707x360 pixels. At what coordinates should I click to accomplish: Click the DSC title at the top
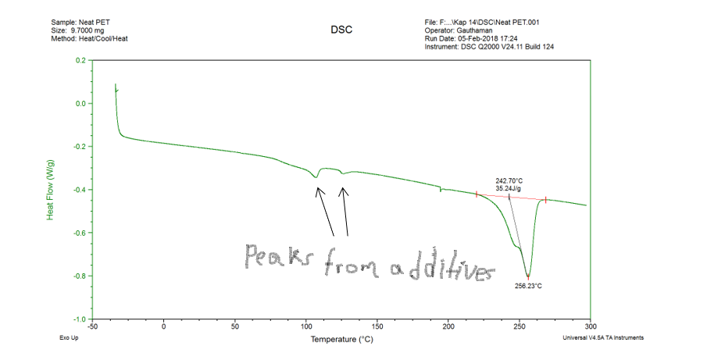(x=341, y=30)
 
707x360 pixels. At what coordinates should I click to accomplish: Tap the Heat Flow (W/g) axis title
(x=51, y=188)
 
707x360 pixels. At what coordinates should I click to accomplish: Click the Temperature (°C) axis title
(x=341, y=340)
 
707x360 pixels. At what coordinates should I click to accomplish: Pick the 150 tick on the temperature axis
(x=377, y=326)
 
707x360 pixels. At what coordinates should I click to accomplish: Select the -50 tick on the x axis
(x=92, y=326)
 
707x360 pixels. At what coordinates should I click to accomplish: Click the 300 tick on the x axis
(x=591, y=326)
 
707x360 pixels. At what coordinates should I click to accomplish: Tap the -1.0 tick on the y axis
(x=79, y=319)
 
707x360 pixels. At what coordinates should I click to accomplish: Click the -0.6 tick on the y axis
(x=79, y=233)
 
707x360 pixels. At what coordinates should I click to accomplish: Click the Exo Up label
(x=70, y=338)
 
